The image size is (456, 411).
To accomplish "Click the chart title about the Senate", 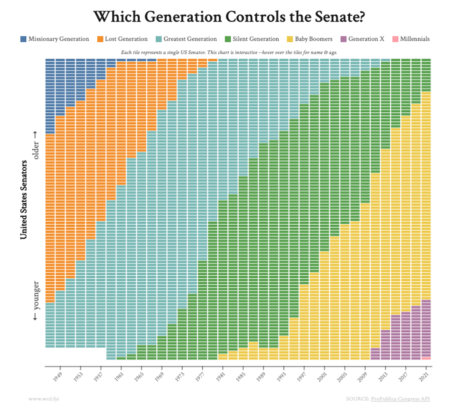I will point(229,17).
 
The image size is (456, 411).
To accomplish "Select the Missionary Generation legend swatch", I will point(23,39).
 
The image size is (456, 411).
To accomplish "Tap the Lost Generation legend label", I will point(126,39).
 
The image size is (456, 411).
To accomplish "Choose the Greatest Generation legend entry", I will point(190,39).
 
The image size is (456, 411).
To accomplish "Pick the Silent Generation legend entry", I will point(255,39).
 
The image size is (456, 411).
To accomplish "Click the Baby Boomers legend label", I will point(313,39).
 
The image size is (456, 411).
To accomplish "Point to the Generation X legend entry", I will point(366,39).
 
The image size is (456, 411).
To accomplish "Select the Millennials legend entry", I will point(414,39).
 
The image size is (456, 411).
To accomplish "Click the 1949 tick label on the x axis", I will point(57,377).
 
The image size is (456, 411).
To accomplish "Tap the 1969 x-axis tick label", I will point(159,377).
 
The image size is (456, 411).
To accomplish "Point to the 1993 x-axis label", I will point(281,377).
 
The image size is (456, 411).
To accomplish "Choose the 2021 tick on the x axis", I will point(424,377).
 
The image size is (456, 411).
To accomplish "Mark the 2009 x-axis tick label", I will point(362,377).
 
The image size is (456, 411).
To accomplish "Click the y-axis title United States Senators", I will point(24,200).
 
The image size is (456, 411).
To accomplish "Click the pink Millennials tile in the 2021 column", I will point(426,358).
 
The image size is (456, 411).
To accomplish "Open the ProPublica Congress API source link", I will point(400,399).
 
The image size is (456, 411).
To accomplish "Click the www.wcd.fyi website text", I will point(44,399).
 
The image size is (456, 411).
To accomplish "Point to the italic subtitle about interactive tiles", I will point(229,53).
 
